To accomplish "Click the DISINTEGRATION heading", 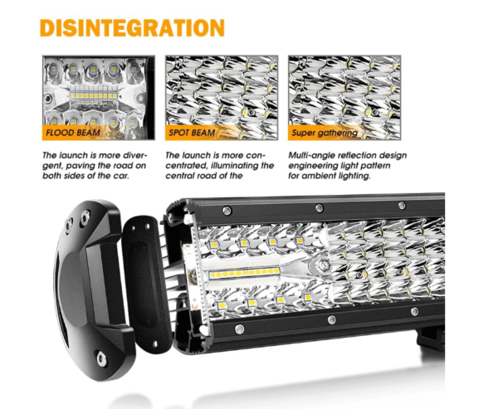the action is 132,27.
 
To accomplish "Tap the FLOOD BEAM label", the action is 73,133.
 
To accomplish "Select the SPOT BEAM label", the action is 192,133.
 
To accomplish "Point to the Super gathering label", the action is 325,133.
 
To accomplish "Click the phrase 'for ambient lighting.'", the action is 330,176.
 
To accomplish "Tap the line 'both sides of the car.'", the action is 85,176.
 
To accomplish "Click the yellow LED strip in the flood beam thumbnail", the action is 93,95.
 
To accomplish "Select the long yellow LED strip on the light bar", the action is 244,273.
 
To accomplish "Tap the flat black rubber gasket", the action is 146,285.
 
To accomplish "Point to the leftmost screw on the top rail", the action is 227,210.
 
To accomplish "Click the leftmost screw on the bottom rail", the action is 240,329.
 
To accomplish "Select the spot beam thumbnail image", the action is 222,98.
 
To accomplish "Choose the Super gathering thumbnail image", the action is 344,98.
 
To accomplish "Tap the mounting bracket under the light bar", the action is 430,338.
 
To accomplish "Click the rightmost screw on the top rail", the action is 402,206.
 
